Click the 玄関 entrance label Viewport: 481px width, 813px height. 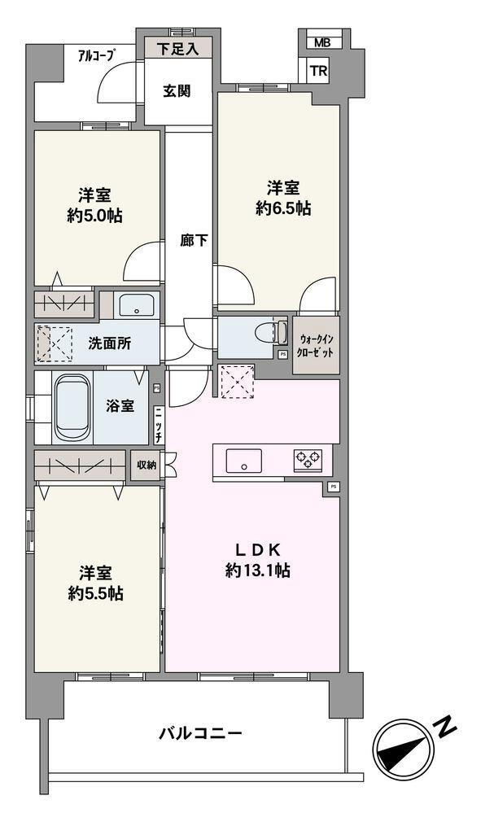[177, 91]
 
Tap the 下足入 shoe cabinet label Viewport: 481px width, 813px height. [177, 50]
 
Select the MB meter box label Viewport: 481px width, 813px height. [322, 43]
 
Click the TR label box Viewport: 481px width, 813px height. [319, 71]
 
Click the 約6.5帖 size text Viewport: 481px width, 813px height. [283, 208]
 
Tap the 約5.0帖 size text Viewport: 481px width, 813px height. [95, 216]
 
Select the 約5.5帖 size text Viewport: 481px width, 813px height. [95, 592]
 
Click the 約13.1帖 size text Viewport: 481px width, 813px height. [258, 570]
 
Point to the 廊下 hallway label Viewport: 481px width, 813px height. [194, 241]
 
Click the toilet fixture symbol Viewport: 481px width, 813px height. [272, 332]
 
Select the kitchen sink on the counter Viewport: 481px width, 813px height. [243, 461]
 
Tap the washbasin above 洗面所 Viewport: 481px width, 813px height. [136, 305]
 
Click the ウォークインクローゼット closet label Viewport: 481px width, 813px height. [316, 346]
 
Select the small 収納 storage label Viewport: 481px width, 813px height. [146, 465]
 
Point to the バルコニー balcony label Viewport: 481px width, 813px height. [200, 733]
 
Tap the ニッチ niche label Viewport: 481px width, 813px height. [158, 425]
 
